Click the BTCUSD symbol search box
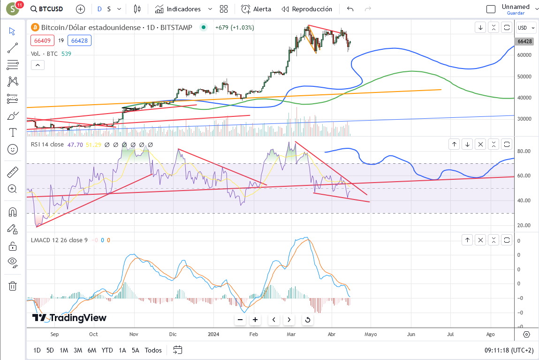click(47, 9)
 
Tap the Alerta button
click(256, 9)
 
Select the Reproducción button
click(307, 9)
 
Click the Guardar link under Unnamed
click(516, 13)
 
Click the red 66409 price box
click(42, 40)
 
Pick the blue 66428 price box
click(79, 40)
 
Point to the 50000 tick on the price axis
click(524, 77)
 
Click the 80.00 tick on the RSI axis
click(524, 151)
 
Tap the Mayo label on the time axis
click(371, 334)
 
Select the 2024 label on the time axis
click(213, 334)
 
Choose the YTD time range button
click(107, 350)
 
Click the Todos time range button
click(153, 350)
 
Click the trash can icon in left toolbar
click(13, 286)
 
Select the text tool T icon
click(13, 132)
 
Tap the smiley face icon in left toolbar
click(13, 149)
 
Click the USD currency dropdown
click(526, 28)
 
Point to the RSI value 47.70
click(75, 145)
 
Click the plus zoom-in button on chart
click(255, 320)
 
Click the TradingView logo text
click(69, 318)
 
